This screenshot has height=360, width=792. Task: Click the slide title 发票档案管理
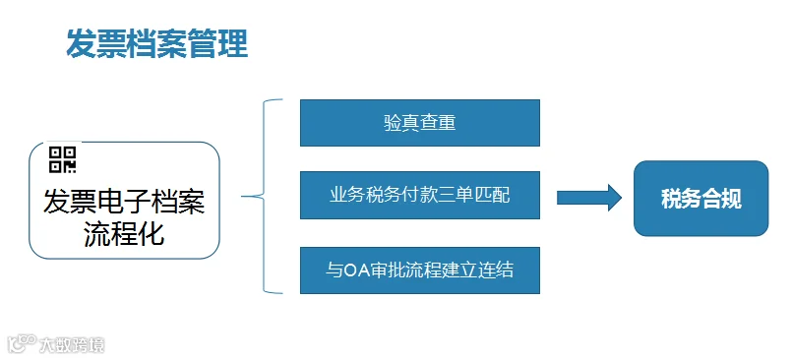click(157, 44)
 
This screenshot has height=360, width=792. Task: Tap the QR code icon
click(62, 159)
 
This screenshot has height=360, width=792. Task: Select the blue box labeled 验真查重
click(420, 123)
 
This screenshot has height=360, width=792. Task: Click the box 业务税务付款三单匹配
click(420, 195)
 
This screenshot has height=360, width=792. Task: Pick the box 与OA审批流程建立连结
click(420, 270)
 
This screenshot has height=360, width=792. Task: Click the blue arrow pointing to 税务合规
click(589, 198)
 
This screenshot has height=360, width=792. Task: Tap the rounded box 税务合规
click(701, 199)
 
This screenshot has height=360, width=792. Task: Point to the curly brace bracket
click(263, 196)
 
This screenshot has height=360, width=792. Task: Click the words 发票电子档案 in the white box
click(124, 202)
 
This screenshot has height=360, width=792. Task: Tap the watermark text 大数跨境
click(72, 345)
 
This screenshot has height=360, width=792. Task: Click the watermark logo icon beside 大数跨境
click(23, 344)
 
